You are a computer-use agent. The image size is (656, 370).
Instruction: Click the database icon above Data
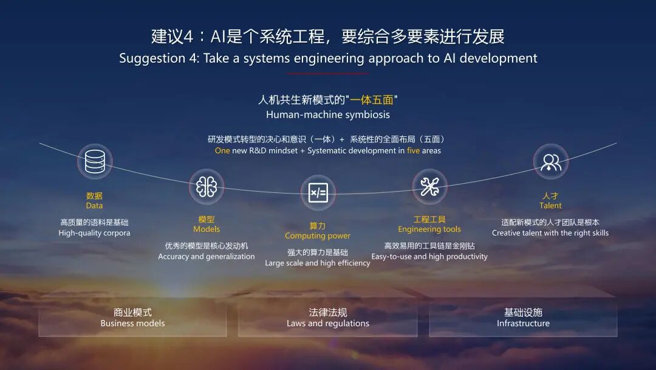click(95, 162)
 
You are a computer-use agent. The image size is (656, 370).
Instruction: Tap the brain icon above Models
click(207, 186)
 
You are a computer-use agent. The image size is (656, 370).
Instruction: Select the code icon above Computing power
click(318, 192)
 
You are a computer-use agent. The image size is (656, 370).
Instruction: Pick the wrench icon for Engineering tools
click(429, 186)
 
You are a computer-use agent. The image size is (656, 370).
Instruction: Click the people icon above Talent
click(551, 161)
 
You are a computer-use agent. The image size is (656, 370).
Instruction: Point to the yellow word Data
click(94, 206)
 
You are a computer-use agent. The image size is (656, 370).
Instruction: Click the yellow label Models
click(207, 229)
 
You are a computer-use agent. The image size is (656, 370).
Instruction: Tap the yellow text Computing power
click(318, 236)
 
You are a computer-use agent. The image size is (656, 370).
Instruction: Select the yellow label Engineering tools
click(429, 229)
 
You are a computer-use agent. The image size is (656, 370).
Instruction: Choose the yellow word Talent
click(550, 206)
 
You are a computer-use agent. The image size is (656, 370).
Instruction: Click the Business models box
click(132, 318)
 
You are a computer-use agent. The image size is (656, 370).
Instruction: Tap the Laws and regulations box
click(328, 318)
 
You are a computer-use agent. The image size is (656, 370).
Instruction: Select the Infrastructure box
click(523, 318)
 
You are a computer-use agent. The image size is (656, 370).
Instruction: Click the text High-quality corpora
click(94, 233)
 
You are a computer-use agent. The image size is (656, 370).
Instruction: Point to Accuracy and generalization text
click(207, 257)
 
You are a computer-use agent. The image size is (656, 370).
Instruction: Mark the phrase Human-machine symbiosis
click(328, 114)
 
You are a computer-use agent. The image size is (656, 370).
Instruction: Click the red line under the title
click(328, 74)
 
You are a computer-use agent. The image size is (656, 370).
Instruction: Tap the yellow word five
click(413, 151)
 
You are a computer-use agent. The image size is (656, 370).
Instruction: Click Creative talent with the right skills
click(550, 233)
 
